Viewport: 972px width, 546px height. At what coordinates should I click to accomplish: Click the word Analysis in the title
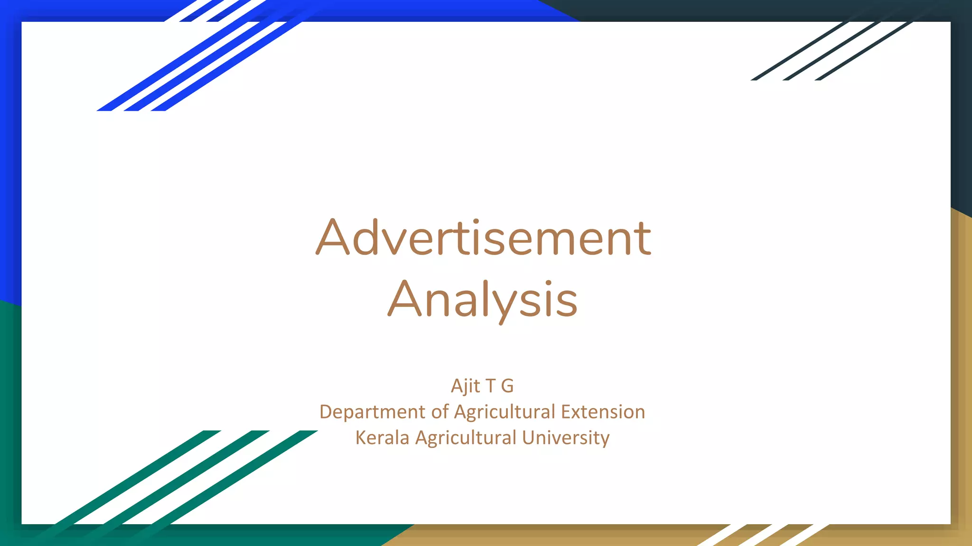coord(483,300)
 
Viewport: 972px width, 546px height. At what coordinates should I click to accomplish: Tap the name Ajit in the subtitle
coord(466,386)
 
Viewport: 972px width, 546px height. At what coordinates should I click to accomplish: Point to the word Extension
coord(603,412)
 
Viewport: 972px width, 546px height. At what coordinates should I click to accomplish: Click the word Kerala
coord(382,437)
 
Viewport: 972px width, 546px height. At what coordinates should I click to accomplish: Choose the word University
coord(566,437)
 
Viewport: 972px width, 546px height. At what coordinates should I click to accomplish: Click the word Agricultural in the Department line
coord(505,412)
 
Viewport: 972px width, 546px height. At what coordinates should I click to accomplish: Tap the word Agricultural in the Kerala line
coord(466,437)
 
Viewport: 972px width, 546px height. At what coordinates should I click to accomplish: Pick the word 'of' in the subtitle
coord(439,412)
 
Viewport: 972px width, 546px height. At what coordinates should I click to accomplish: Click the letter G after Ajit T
coord(507,386)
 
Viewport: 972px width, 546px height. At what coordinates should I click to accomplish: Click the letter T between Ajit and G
coord(490,386)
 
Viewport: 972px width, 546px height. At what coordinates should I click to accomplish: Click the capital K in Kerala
coord(361,437)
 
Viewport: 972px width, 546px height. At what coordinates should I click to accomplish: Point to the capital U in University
coord(528,437)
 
